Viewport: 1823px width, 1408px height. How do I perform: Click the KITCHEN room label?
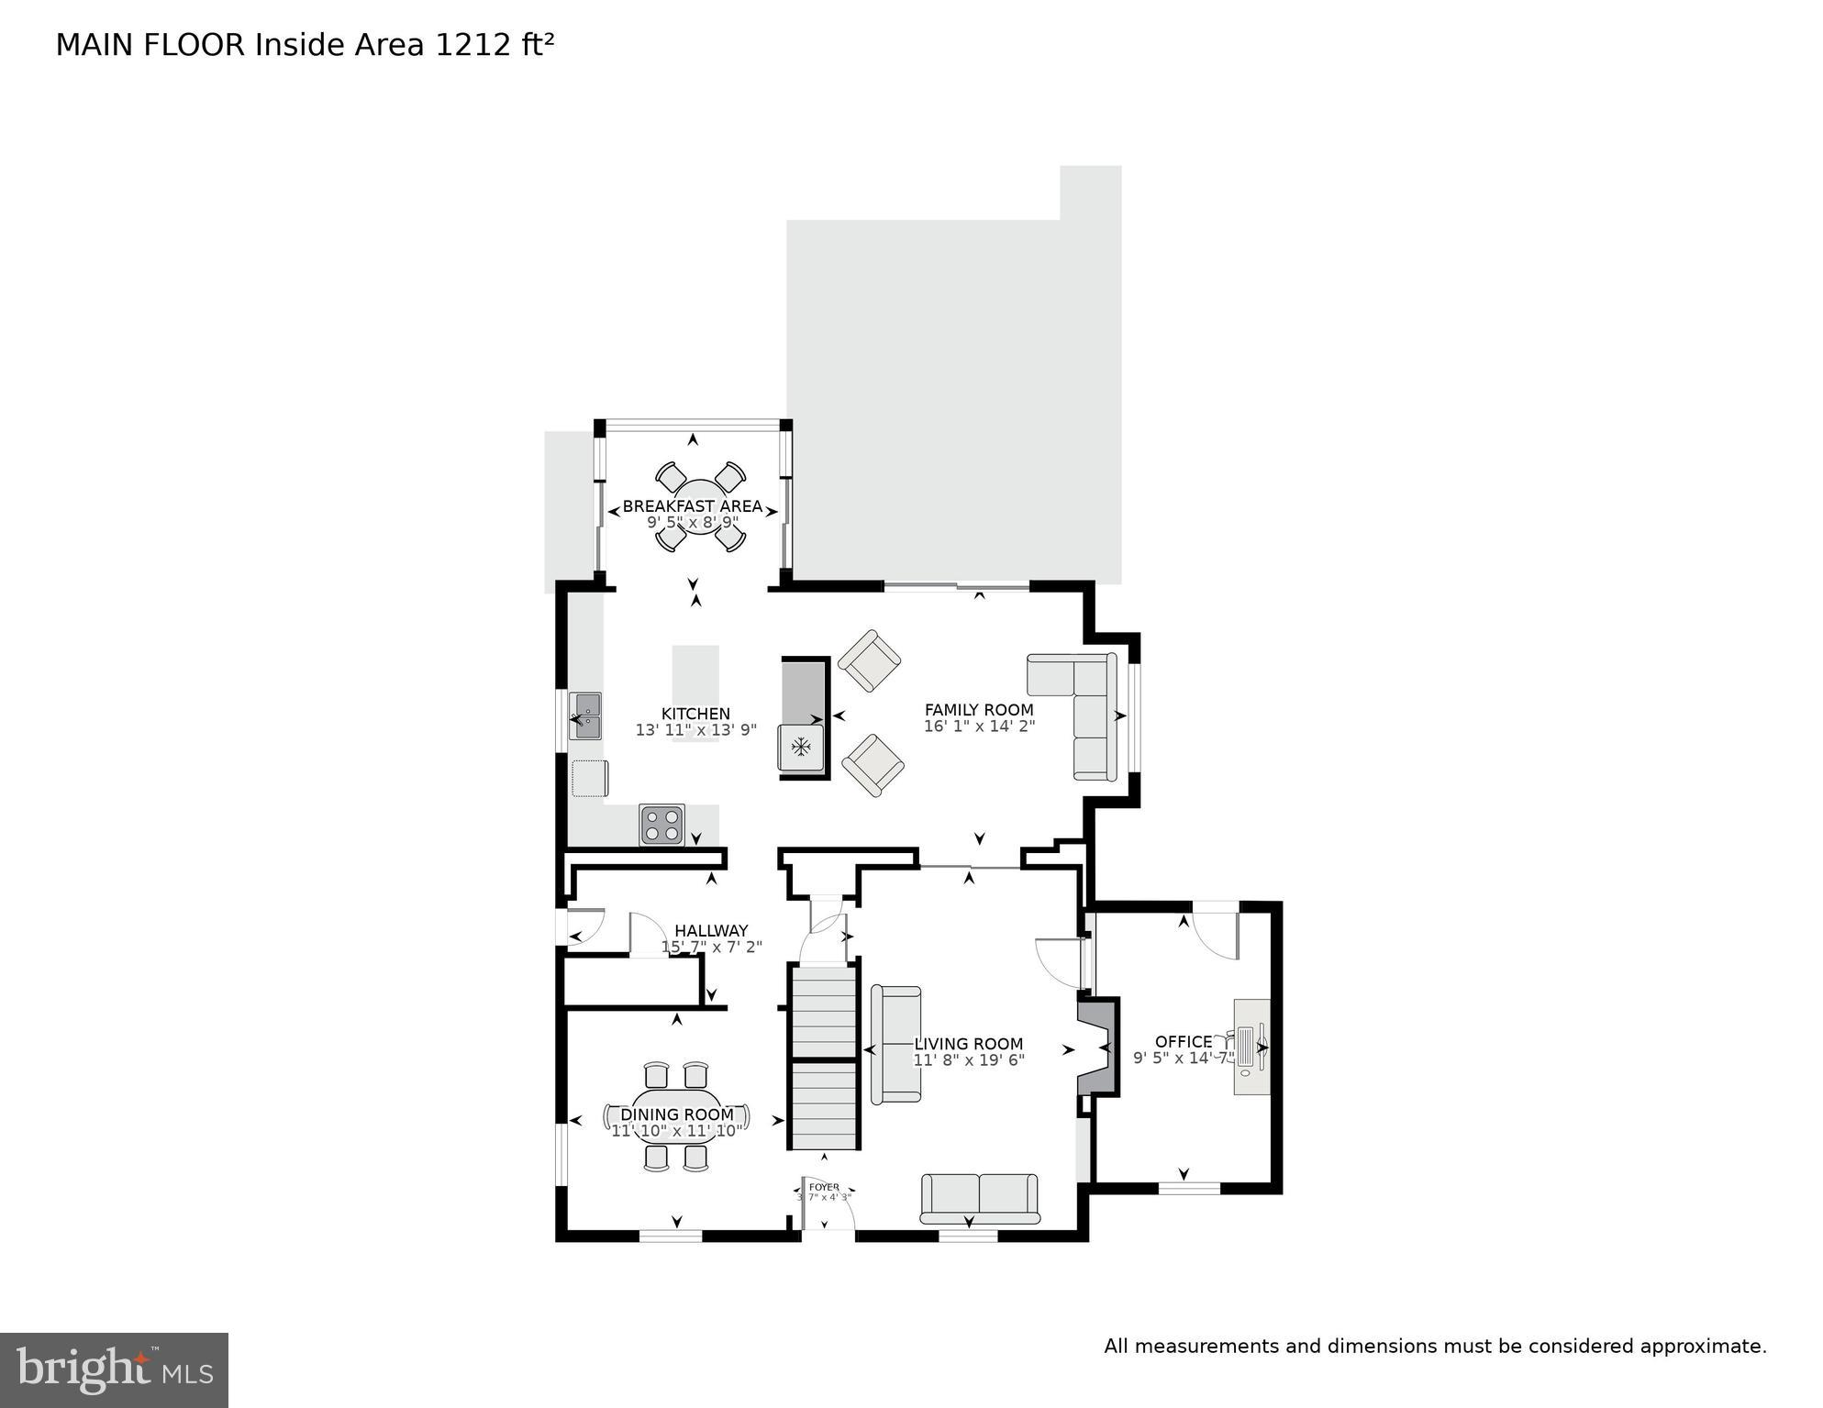click(695, 715)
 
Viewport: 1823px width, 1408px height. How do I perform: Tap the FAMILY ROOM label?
click(978, 710)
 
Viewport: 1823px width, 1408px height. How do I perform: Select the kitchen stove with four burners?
click(661, 825)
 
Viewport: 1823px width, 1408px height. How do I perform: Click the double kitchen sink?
click(584, 716)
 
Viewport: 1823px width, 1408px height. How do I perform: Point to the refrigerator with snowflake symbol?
click(801, 748)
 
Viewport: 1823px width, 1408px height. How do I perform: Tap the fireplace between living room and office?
click(1097, 1047)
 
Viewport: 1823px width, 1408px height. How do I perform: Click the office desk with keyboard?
click(1250, 1047)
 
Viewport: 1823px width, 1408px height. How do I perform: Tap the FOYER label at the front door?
click(824, 1187)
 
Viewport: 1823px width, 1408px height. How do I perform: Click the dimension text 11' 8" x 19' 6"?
click(968, 1060)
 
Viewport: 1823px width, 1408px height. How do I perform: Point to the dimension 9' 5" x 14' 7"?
click(1183, 1059)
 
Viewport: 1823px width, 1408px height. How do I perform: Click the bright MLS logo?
click(114, 1369)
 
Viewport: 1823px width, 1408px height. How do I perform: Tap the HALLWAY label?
click(711, 930)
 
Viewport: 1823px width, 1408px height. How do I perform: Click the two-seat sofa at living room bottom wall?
click(979, 1198)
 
